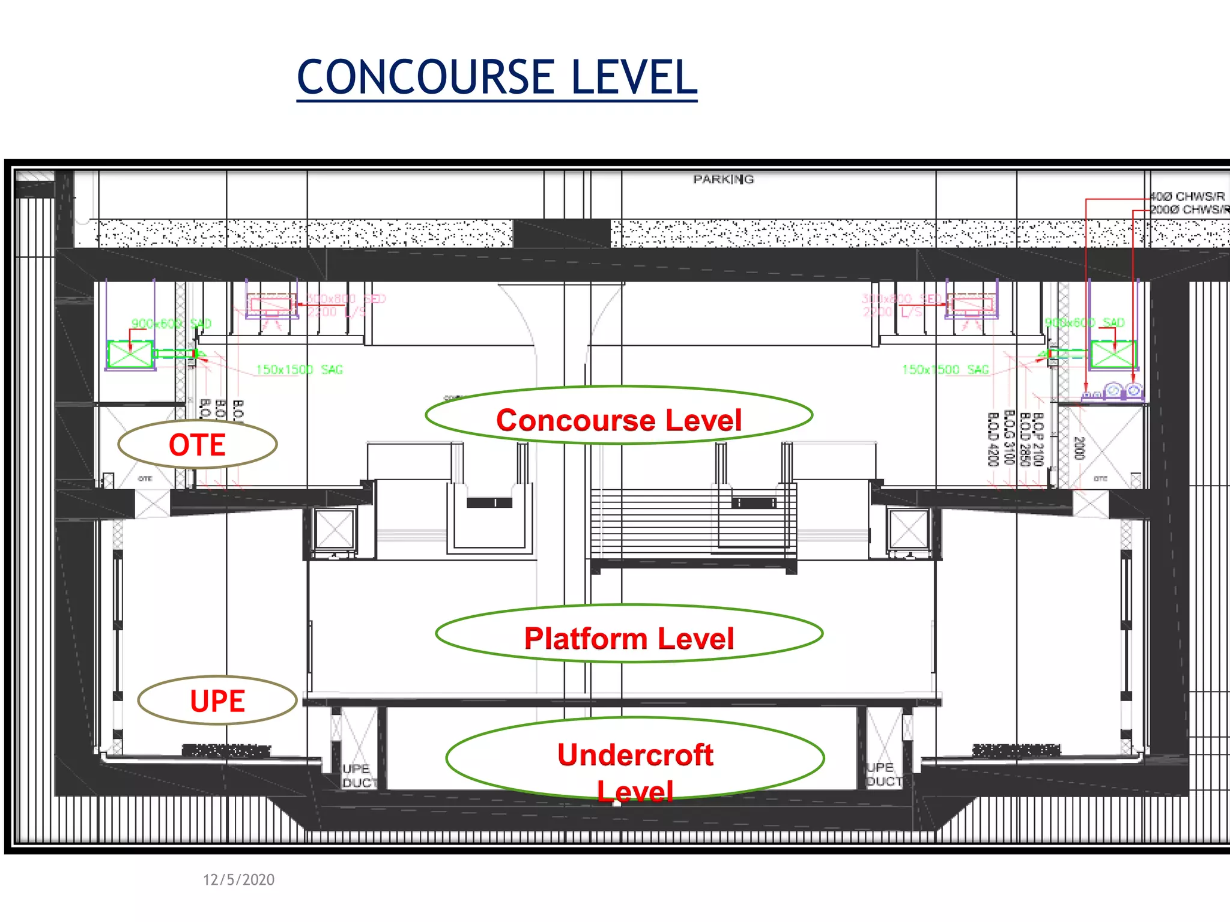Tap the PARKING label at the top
[x=723, y=179]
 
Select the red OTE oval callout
[x=197, y=445]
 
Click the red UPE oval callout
[x=217, y=701]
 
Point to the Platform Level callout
[x=629, y=637]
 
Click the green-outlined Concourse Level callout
[x=619, y=420]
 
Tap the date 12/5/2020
[x=238, y=879]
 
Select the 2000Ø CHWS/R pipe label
[x=1188, y=209]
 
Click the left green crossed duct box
[x=130, y=354]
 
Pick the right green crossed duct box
[x=1112, y=354]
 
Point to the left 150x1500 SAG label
[x=299, y=370]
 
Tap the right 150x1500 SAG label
[x=945, y=370]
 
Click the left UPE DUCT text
[x=359, y=776]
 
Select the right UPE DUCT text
[x=883, y=774]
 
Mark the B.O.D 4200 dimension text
[x=993, y=439]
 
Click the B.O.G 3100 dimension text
[x=1009, y=438]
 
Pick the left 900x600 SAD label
[x=171, y=324]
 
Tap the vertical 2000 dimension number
[x=1079, y=448]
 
